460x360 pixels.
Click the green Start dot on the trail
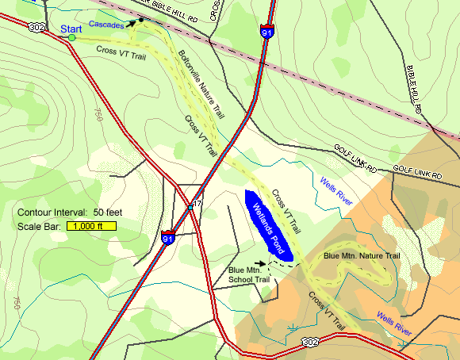[71, 37]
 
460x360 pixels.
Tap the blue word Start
[71, 29]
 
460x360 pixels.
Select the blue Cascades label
[105, 25]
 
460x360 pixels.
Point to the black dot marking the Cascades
[141, 20]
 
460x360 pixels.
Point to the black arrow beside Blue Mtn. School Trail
[261, 263]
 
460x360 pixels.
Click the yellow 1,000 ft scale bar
[92, 227]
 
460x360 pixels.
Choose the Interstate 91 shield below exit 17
[167, 237]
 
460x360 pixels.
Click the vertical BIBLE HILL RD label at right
[414, 86]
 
